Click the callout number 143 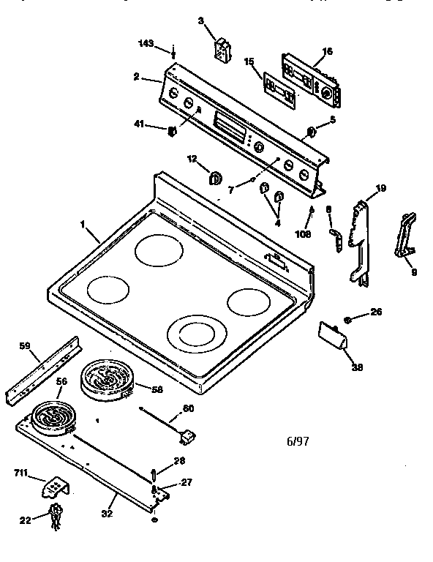(x=146, y=44)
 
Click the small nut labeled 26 (x=350, y=319)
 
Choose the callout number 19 (x=380, y=189)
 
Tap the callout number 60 (x=188, y=408)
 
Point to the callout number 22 (x=25, y=520)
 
